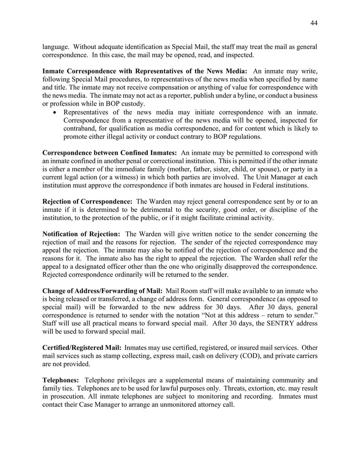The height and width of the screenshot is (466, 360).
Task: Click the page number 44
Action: click(314, 24)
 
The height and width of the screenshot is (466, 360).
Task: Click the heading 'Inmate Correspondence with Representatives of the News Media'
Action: click(145, 71)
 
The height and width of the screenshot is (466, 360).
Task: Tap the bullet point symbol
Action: click(55, 112)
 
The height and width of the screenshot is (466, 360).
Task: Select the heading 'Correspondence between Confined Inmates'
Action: click(109, 153)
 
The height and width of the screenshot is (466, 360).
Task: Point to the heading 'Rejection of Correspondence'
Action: click(87, 201)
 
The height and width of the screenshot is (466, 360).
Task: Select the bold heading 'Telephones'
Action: click(61, 380)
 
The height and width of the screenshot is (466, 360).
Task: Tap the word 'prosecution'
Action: click(69, 396)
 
